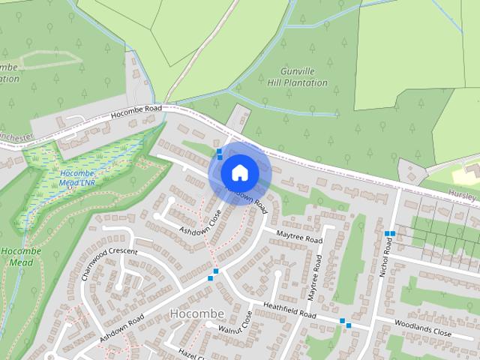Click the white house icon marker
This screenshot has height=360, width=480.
[x=239, y=172]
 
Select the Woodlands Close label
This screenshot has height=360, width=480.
[x=423, y=328]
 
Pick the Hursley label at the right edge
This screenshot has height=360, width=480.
[x=464, y=195]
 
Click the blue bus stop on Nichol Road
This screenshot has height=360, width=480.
[x=389, y=234]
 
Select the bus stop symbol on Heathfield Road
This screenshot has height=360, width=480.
[x=345, y=322]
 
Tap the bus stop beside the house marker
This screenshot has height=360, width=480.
[x=219, y=154]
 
